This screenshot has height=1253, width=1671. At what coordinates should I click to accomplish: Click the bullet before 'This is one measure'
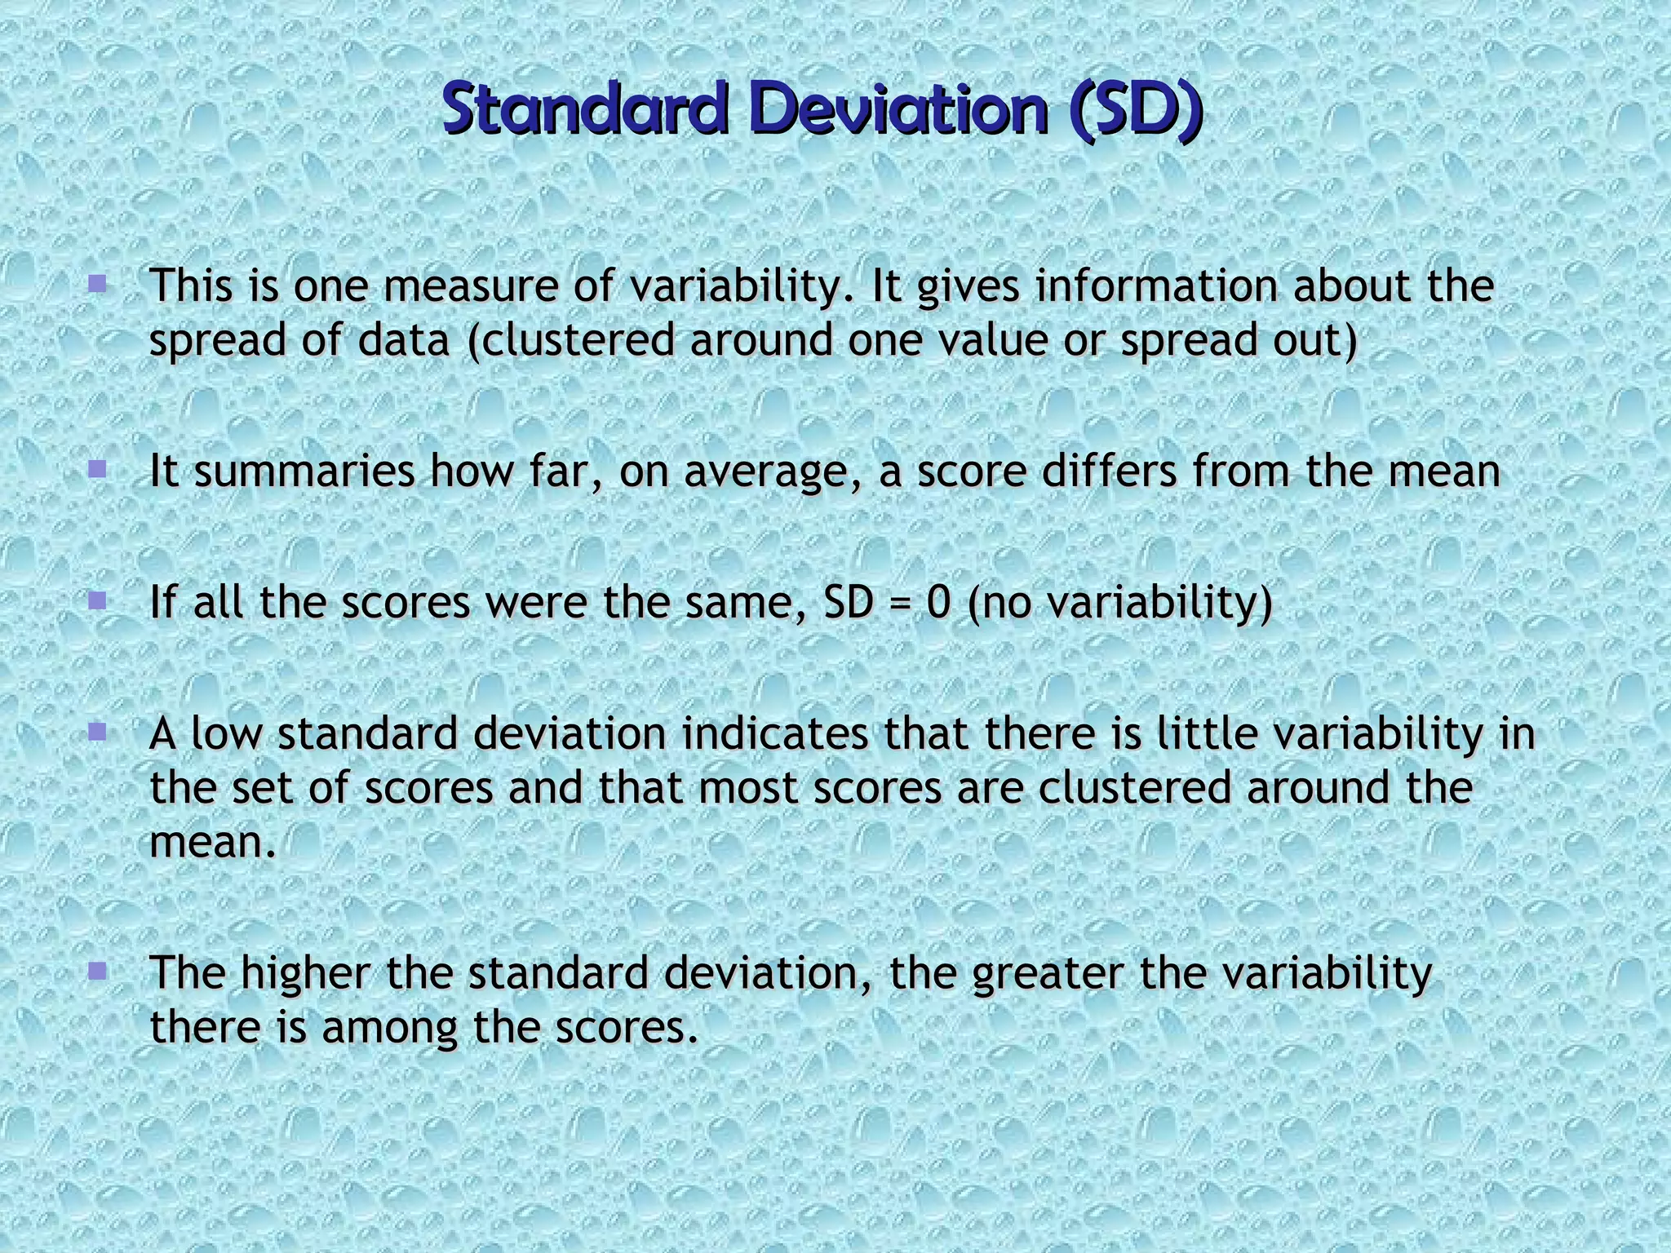(98, 284)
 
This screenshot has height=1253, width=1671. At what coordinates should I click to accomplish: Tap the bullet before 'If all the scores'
(98, 601)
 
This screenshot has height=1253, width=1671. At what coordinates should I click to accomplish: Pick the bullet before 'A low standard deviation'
(98, 731)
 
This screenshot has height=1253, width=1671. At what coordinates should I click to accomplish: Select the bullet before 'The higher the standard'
(98, 971)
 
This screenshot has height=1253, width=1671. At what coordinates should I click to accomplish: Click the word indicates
(775, 734)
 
